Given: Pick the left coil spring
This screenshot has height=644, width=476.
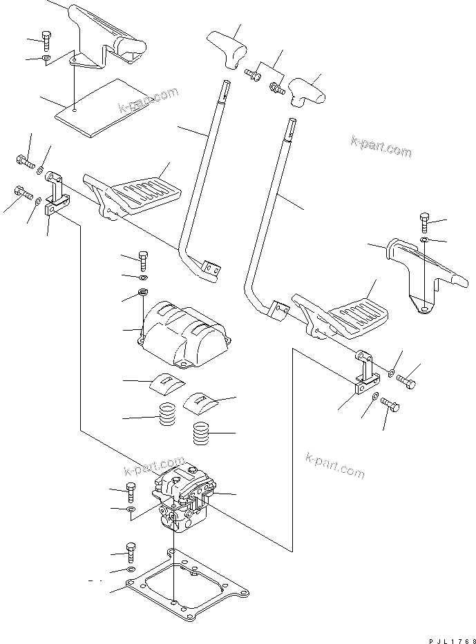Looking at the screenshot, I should click(x=166, y=416).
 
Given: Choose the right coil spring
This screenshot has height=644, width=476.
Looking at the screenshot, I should click(x=200, y=434).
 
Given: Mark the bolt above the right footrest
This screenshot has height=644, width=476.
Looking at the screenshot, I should click(x=423, y=224).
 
